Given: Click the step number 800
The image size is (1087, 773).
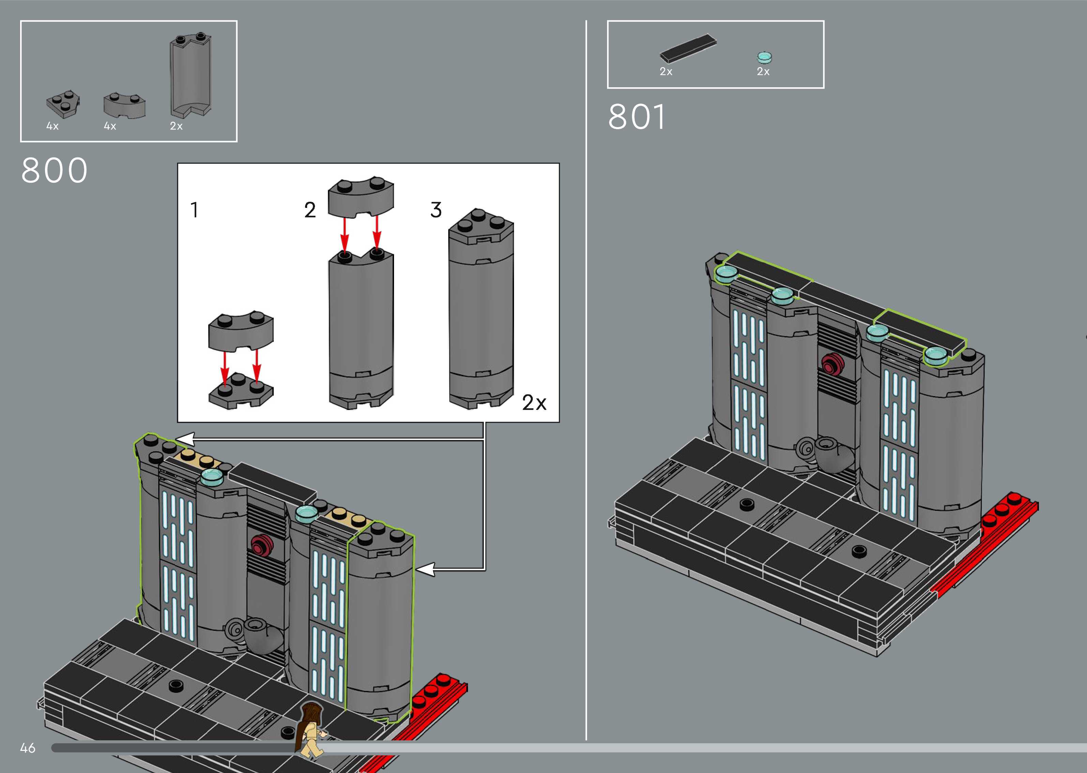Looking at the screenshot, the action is click(x=54, y=170).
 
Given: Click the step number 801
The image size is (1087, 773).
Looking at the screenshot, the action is click(x=636, y=117).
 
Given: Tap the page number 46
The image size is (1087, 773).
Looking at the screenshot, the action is click(x=28, y=748).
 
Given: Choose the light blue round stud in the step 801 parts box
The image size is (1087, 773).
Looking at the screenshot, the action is click(x=764, y=58).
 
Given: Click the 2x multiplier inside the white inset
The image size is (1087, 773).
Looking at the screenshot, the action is click(x=534, y=403).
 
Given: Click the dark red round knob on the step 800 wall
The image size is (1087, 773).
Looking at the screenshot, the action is click(x=260, y=545).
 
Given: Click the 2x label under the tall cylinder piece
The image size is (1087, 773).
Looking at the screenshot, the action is click(x=176, y=126).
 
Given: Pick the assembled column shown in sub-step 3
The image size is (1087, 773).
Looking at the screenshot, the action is click(x=481, y=309).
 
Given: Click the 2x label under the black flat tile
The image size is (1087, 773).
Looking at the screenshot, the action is click(x=666, y=71).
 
